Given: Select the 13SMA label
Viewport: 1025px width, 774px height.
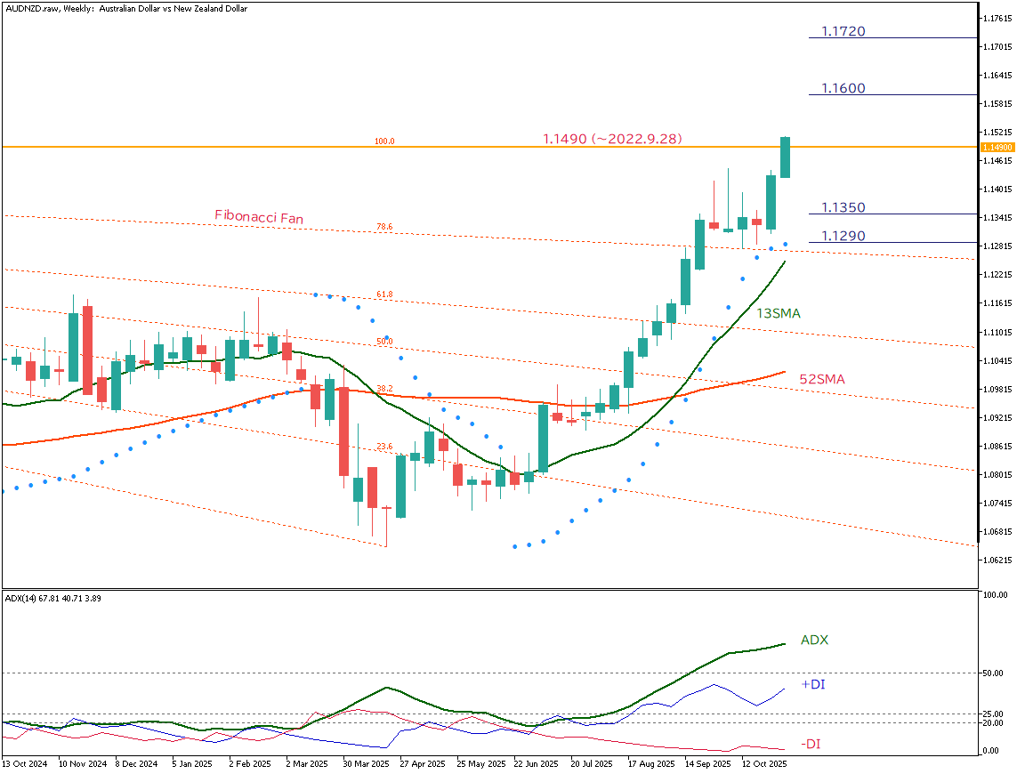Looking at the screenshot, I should (779, 314).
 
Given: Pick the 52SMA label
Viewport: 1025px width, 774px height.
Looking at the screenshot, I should (821, 379).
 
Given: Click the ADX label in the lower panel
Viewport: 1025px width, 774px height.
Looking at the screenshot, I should (814, 640).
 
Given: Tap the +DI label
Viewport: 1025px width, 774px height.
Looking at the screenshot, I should (812, 685).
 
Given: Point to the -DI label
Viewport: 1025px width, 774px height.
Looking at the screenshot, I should (811, 744).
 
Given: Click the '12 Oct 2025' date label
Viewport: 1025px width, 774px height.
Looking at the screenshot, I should (765, 763).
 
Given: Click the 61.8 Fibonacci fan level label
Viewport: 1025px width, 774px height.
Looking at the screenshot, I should (384, 294).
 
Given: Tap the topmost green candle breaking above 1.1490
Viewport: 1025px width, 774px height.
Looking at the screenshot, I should (785, 157).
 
